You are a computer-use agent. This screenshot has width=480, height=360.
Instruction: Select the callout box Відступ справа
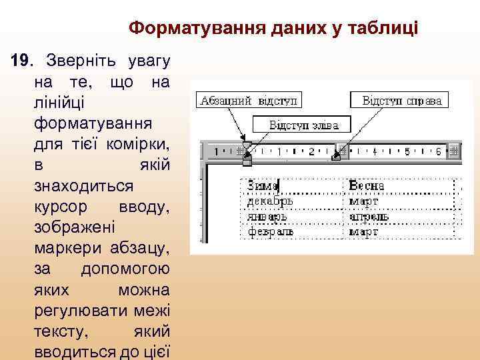401,101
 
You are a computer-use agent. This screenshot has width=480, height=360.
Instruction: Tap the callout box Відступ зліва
303,125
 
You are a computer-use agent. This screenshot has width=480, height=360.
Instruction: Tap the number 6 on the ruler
438,151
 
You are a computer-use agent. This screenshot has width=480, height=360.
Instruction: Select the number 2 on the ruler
311,151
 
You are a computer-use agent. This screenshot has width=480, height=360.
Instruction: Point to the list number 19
22,62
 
